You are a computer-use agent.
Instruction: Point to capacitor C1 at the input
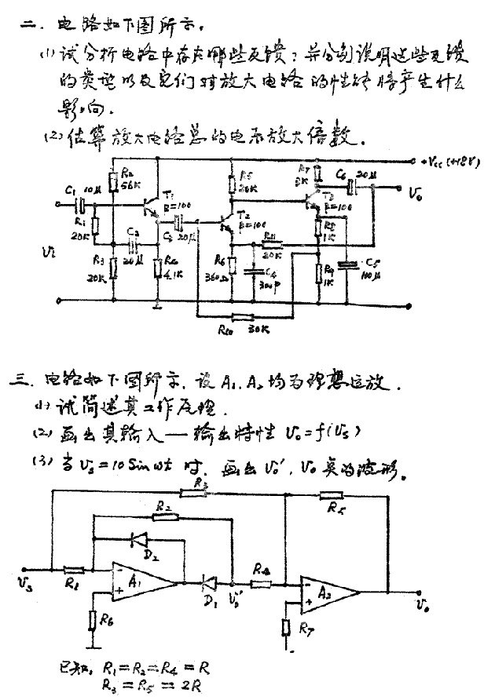pos(78,206)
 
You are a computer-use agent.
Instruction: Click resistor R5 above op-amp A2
pos(331,495)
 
